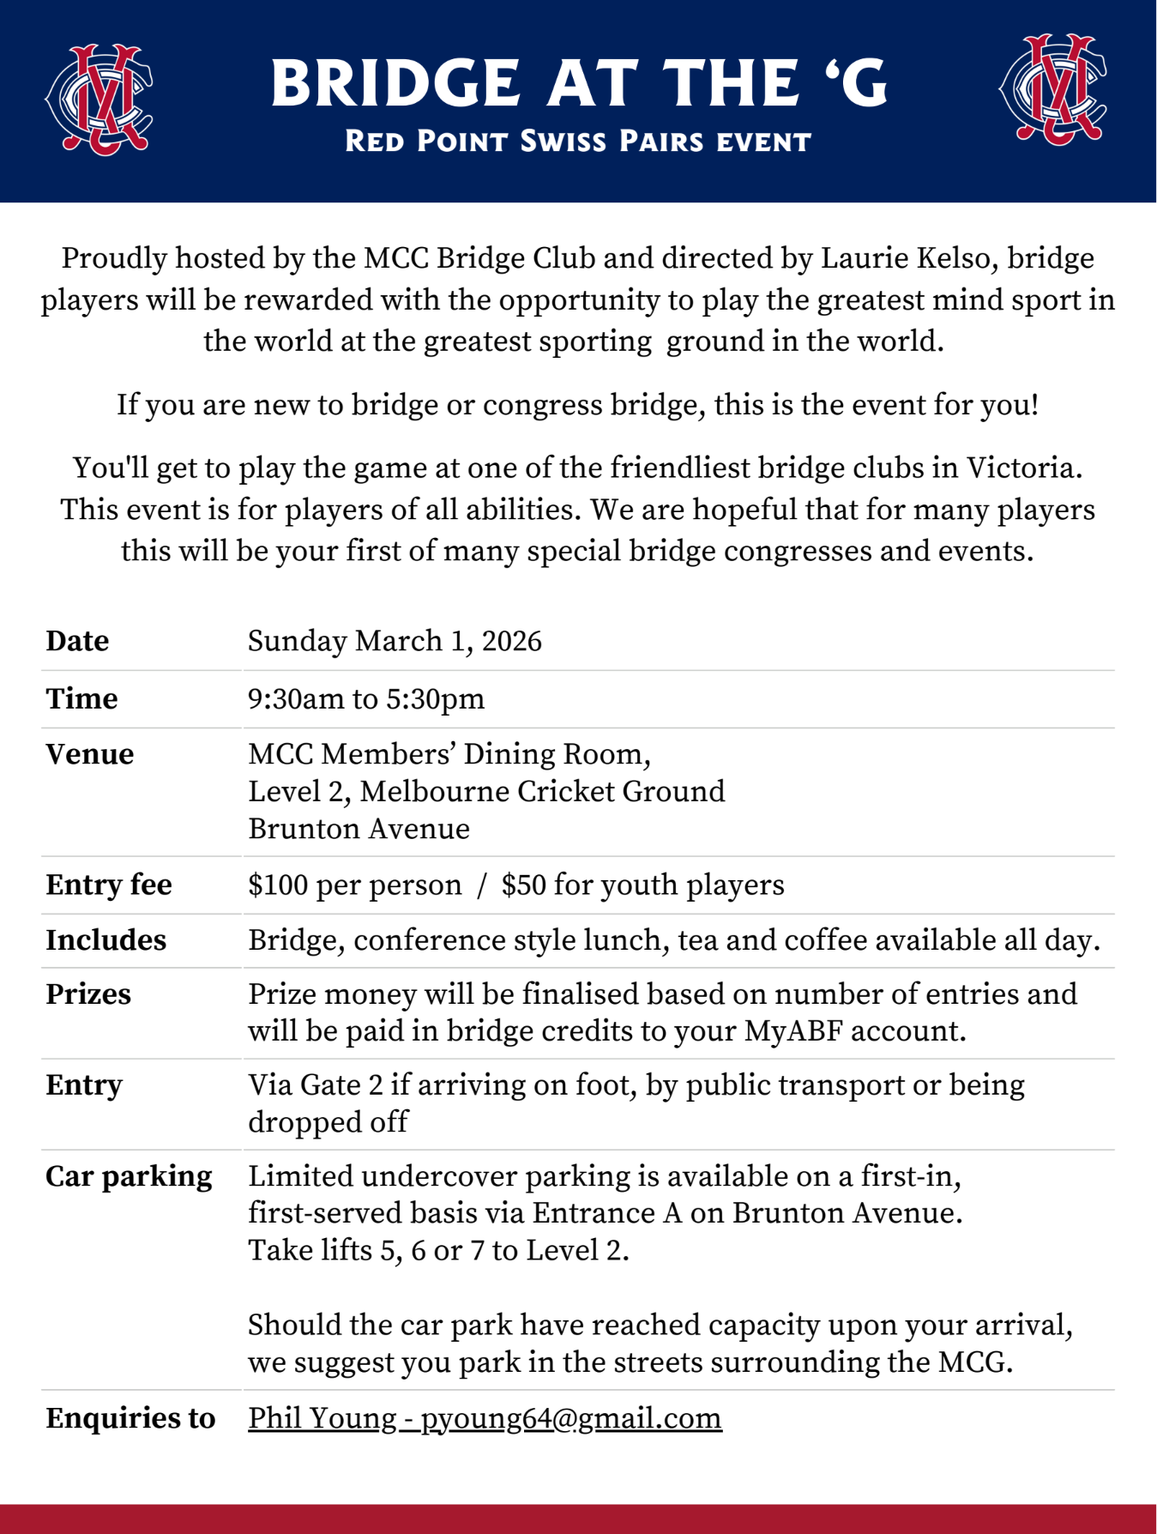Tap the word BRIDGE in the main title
395,83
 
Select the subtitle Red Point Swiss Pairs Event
577,142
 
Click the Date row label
77,641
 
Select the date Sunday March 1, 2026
395,641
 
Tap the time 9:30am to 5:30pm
366,698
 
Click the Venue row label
90,754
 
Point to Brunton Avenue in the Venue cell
359,829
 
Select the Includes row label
105,940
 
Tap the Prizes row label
88,993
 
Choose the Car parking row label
129,1176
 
